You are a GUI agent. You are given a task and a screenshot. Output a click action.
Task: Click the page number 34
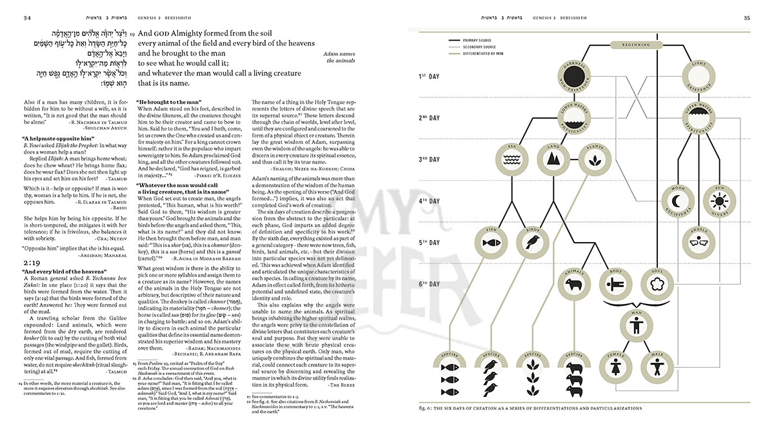[28, 17]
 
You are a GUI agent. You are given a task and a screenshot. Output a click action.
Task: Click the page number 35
[747, 17]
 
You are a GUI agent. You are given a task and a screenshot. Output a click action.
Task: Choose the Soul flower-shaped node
[659, 285]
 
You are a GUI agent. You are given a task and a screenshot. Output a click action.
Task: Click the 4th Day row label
[429, 200]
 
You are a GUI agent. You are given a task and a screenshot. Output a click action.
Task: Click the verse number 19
[132, 34]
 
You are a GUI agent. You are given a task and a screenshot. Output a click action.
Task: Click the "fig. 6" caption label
[428, 409]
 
